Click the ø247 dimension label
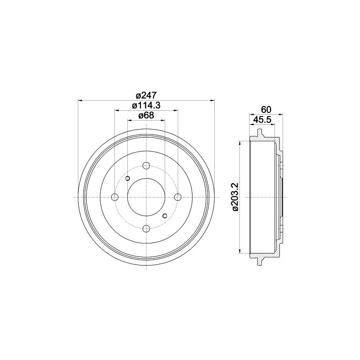pos(146,95)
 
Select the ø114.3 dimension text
pos(146,105)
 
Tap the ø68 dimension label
pos(146,115)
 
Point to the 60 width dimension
pos(266,110)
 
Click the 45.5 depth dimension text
pos(262,120)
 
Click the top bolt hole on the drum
pos(146,165)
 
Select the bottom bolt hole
pos(146,229)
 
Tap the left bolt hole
pos(115,197)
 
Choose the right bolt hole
pos(178,197)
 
